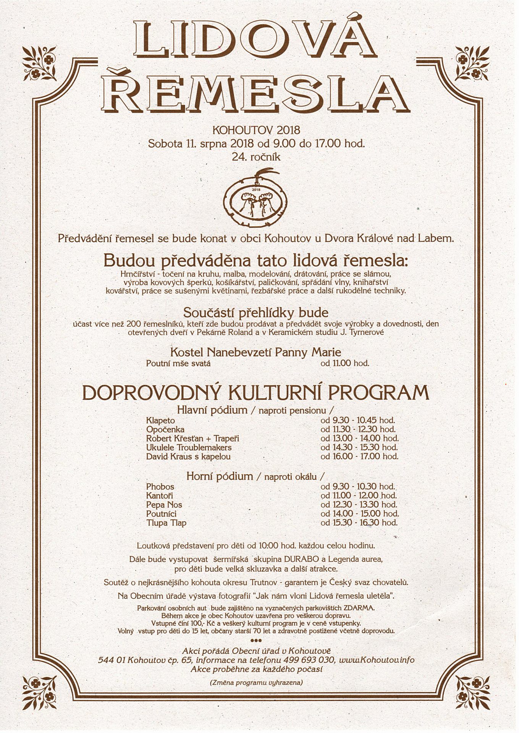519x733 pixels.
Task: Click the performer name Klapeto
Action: coord(160,420)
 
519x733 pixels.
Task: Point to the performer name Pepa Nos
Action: coord(164,505)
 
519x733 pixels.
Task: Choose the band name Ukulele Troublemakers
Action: coord(189,447)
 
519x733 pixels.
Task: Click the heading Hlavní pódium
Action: coord(212,410)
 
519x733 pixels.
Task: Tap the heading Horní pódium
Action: coord(220,476)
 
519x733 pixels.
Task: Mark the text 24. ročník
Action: coord(256,157)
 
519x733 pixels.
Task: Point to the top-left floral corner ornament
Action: coord(39,63)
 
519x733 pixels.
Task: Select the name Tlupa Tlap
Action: coord(166,523)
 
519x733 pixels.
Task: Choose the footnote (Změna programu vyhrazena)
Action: coord(256,682)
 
